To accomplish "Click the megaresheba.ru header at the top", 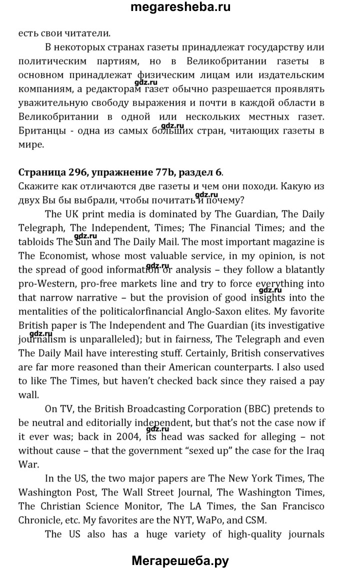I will (180, 8).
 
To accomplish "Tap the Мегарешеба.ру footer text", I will (179, 561).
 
